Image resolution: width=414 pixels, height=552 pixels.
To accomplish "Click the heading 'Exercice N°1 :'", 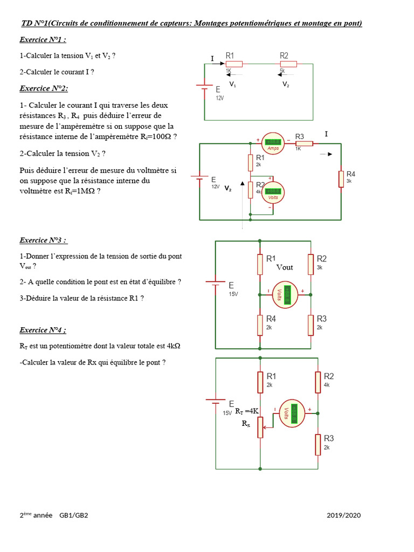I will pos(43,40).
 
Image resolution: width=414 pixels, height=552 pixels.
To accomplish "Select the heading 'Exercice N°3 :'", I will pos(43,240).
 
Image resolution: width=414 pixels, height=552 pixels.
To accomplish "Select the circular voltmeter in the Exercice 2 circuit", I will pos(273,192).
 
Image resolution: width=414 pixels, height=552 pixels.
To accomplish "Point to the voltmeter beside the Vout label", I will pos(285,294).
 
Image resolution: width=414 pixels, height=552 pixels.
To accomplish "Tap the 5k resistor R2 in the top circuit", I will pos(288,64).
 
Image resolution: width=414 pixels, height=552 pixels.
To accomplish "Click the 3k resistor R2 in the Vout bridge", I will pos(311,264).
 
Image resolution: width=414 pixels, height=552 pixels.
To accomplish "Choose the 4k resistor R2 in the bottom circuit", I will pos(318,381).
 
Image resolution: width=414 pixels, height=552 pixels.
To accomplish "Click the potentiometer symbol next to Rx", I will pos(260,426).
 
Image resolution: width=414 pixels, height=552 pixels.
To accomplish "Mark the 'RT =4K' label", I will pos(247,411).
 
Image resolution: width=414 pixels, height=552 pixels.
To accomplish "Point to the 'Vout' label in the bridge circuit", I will pos(285,267).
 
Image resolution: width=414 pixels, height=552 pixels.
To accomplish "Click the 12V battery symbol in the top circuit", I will pos(204,90).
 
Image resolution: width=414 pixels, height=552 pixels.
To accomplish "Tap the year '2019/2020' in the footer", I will pos(343,515).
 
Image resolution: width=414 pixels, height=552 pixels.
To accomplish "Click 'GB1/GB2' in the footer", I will pos(74,515).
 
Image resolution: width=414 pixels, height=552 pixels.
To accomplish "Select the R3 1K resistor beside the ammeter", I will pos(305,143).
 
